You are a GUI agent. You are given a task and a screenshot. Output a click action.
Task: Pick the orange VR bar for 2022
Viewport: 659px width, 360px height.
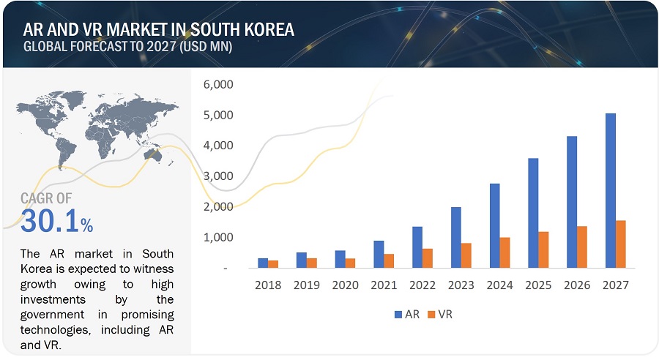427,258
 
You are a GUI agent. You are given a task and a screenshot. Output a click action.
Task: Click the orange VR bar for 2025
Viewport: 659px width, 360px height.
543,250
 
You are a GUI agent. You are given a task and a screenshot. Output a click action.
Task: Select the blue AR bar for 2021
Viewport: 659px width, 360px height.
379,254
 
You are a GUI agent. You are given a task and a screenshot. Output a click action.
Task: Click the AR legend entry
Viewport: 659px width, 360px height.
406,314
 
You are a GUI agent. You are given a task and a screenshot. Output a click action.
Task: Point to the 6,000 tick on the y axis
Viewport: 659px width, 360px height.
217,85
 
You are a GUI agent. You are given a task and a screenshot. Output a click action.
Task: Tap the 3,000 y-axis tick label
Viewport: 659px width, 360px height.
217,176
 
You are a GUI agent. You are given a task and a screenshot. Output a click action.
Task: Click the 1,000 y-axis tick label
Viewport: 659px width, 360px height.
217,238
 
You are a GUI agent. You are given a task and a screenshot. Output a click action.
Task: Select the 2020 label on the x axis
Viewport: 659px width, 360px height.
346,285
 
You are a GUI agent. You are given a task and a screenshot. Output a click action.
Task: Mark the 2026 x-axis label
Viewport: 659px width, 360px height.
576,285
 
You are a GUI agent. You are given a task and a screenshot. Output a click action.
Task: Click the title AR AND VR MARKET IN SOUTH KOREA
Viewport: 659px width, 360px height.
159,30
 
